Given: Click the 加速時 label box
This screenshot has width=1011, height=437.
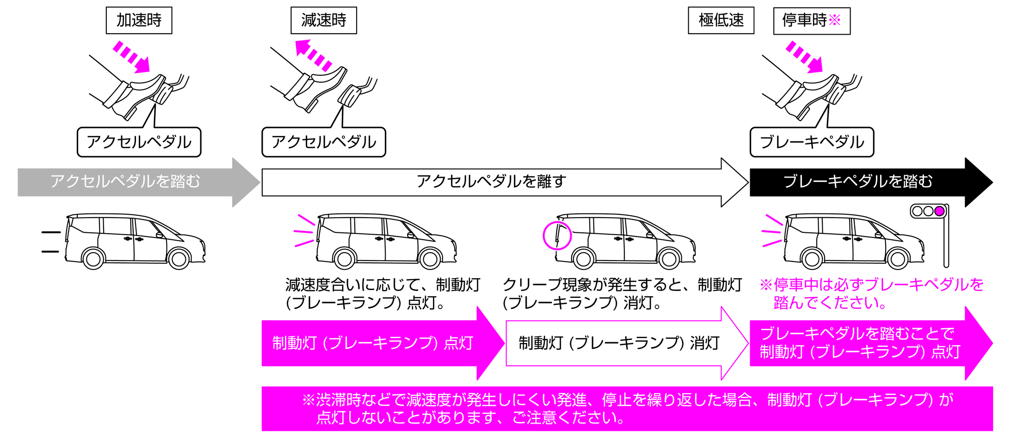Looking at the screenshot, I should point(139,20).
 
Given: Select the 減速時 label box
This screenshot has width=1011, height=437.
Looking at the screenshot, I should point(323,20).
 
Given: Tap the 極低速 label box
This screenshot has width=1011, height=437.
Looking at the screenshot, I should point(721,20).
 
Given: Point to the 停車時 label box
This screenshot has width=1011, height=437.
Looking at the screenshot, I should point(811,21).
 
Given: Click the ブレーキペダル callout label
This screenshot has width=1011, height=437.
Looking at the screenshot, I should point(812,142).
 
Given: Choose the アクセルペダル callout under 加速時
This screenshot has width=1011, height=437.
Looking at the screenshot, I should point(139,142).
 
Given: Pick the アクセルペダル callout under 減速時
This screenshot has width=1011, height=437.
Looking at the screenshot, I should point(323,142).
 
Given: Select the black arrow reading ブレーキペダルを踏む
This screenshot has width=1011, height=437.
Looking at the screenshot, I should point(858,182).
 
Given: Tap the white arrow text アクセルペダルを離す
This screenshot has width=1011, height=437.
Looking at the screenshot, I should point(491,182).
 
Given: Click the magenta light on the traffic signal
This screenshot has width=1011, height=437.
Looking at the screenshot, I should point(939,211).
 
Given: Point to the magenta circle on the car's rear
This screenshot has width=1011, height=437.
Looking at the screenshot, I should point(557,236).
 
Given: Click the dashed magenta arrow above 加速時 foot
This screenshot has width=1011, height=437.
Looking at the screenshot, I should point(132,57).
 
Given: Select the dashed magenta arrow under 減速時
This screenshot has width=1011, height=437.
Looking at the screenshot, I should point(313,55).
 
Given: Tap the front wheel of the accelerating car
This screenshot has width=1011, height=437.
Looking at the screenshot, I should point(179,259).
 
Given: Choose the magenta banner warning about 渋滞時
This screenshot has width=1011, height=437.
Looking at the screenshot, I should point(627,409).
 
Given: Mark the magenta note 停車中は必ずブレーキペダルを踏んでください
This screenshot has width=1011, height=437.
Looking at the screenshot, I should point(872,294).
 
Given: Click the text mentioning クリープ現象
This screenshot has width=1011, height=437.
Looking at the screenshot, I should point(622,294).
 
